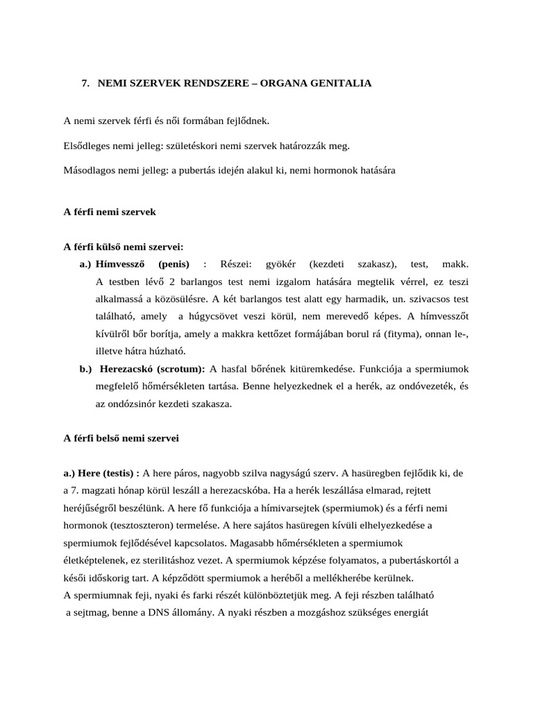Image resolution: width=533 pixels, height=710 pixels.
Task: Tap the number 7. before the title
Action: (x=85, y=83)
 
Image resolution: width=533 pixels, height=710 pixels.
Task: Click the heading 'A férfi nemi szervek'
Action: (x=110, y=212)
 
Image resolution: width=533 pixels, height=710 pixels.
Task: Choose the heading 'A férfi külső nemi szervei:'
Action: (x=124, y=246)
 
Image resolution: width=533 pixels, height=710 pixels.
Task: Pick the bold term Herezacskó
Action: (x=127, y=369)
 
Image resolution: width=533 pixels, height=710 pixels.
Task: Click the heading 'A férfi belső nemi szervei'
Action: (x=121, y=438)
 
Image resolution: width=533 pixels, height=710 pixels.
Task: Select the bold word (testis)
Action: (x=116, y=473)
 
